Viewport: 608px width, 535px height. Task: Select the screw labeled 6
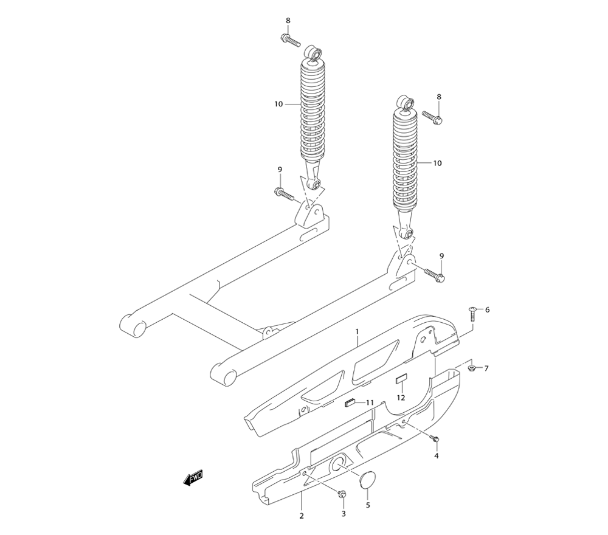point(473,313)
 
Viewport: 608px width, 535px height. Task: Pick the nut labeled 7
point(472,367)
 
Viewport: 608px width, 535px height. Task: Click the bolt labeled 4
point(435,439)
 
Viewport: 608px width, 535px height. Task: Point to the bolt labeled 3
point(342,494)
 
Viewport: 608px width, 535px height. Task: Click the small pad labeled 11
point(350,404)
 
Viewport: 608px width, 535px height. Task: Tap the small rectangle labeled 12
point(401,379)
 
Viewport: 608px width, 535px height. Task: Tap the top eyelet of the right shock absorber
point(406,102)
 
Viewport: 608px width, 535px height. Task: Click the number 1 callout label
point(357,331)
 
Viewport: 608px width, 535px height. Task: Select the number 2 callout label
point(302,516)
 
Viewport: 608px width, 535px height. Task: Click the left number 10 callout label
point(278,104)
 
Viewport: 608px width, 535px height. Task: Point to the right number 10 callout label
point(437,163)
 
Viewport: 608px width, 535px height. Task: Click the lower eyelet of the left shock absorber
point(315,184)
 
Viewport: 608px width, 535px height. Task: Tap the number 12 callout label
point(401,398)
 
